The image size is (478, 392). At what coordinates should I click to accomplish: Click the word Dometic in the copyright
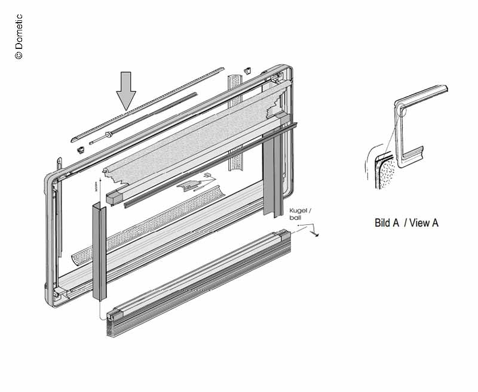[x=19, y=32]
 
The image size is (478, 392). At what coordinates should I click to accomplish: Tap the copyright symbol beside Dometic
[x=19, y=55]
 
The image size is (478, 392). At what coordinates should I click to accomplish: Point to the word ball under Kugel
[x=295, y=218]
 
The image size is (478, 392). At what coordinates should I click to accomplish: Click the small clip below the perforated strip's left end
[x=81, y=150]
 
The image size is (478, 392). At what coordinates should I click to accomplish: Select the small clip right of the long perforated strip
[x=247, y=71]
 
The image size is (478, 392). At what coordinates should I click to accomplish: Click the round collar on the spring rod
[x=108, y=134]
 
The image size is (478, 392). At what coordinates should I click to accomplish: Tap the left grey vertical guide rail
[x=99, y=251]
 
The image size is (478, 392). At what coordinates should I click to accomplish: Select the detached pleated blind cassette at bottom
[x=199, y=283]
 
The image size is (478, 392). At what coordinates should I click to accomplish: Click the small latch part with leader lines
[x=188, y=186]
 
